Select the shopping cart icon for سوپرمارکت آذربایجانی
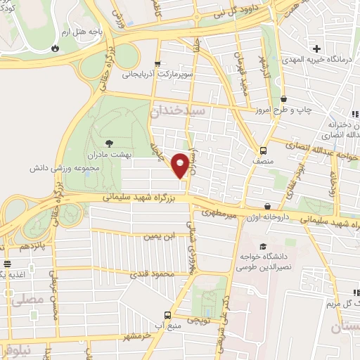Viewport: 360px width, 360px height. click(158, 63)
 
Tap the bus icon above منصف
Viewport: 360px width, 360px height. click(263, 150)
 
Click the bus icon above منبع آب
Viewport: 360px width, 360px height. click(167, 315)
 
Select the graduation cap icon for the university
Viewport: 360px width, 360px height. click(263, 247)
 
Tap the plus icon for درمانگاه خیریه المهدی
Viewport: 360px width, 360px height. click(317, 49)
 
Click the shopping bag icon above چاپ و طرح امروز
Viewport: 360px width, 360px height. click(283, 99)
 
